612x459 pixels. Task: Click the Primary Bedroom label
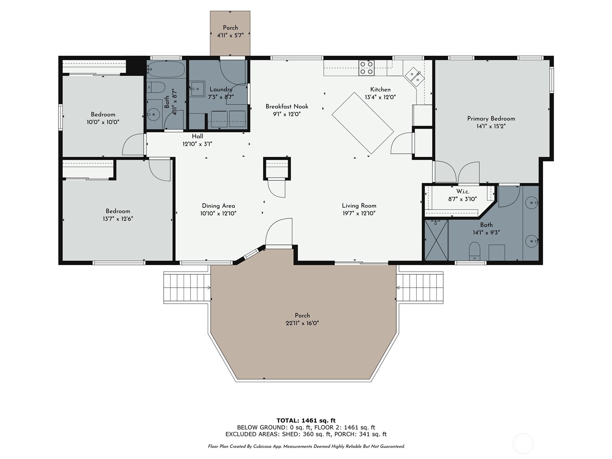coord(491,119)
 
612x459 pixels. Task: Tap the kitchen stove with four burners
coord(366,68)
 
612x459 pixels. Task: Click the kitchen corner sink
coord(414,75)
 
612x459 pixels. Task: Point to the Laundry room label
coord(221,90)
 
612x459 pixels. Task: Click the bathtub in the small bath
coord(166,69)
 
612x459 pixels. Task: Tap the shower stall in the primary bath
coord(436,241)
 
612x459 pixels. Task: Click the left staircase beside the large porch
coord(187,288)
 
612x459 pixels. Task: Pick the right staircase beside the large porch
coord(420,288)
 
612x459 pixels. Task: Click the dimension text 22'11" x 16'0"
coord(302,323)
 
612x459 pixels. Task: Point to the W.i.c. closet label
coord(462,191)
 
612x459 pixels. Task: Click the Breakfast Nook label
coord(287,106)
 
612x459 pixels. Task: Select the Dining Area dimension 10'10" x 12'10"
coord(218,213)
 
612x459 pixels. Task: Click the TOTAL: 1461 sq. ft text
coord(306,420)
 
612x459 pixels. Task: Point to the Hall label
coord(197,136)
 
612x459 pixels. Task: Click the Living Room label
coord(359,206)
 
